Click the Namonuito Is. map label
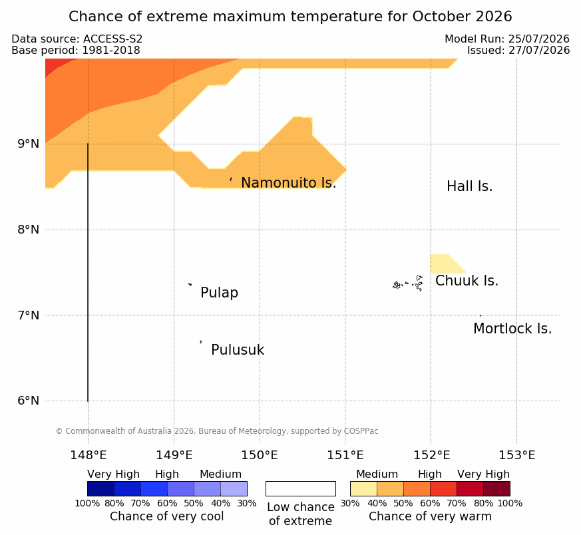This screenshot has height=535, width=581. pos(288,182)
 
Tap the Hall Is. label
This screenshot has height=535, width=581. pos(469,186)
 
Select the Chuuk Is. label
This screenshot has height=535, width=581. pos(467,281)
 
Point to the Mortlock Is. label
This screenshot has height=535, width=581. pos(512,329)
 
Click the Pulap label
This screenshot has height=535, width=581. pos(219,293)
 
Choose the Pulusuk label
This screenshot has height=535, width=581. pos(238,350)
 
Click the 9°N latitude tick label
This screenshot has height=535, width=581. pos(28,144)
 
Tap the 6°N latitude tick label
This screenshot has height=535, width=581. pos(28,401)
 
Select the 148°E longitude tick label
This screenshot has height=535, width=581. pos(89,455)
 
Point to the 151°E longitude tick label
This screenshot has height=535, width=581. pos(345,455)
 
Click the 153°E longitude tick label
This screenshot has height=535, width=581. pos(516,455)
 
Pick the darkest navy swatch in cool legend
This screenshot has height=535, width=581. pos(100,488)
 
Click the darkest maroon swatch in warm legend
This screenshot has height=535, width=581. pos(496,488)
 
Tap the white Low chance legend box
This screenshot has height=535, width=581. pos(301,488)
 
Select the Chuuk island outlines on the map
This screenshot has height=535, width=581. pos(407,283)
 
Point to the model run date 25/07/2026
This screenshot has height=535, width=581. pos(539,39)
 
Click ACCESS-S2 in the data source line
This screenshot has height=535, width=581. pos(112,39)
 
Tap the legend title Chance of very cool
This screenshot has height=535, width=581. pos(167,516)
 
